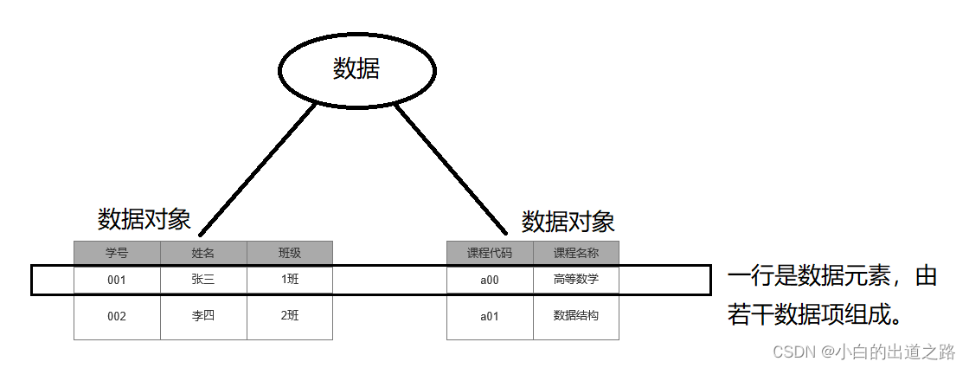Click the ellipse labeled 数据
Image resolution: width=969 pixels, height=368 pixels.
[356, 69]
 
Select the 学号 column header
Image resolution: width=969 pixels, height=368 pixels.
[117, 253]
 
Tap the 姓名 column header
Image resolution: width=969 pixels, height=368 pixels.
[203, 253]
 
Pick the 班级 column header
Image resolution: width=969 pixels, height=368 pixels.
[290, 253]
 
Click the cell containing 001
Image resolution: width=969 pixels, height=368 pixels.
[117, 280]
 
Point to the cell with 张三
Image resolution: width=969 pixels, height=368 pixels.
[203, 280]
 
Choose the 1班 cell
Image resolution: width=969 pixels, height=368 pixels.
[290, 280]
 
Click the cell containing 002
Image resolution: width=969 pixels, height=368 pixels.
[117, 316]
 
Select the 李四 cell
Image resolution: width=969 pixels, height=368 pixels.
[203, 316]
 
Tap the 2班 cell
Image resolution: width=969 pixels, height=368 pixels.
[290, 316]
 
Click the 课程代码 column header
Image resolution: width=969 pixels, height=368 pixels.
[490, 253]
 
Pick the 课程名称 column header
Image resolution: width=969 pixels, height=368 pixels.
[576, 253]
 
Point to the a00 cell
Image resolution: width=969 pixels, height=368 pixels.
[490, 280]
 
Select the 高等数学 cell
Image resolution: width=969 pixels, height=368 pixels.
[576, 280]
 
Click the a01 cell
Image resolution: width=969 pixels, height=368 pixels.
[490, 316]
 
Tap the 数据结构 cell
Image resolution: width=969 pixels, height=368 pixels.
[576, 316]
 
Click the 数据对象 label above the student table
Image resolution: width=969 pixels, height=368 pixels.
[144, 218]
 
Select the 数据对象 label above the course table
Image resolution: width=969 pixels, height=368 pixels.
[568, 222]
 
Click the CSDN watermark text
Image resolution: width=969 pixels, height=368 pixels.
[863, 352]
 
